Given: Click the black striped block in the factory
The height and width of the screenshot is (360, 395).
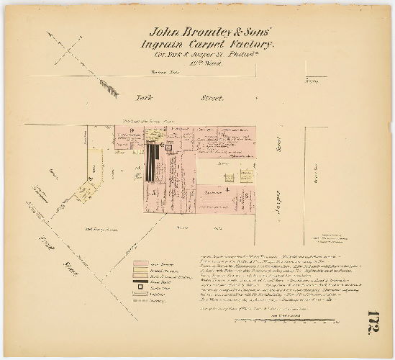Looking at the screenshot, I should click(x=152, y=164).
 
